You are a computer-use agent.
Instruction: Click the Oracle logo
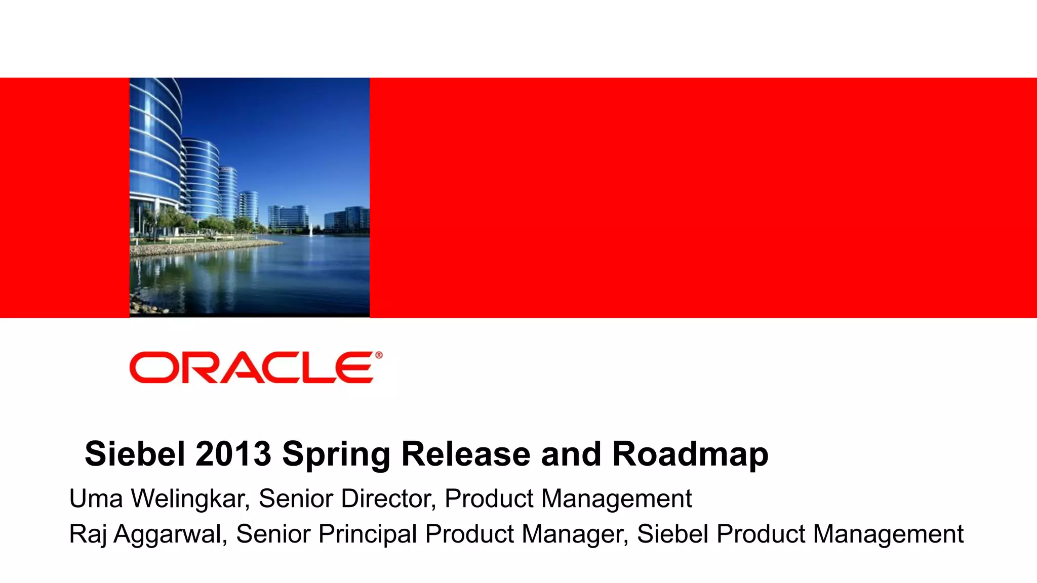(x=252, y=367)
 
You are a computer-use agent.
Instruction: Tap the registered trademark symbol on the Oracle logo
(x=379, y=355)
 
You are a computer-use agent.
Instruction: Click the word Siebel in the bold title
(x=135, y=453)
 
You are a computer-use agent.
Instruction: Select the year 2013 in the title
(x=233, y=453)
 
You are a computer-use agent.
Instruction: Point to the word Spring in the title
(x=336, y=454)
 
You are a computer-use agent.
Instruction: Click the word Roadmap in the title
(x=690, y=454)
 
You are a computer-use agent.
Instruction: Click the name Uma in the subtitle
(x=96, y=498)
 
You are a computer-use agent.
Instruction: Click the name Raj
(x=88, y=535)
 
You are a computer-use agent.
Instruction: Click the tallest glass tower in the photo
(x=154, y=147)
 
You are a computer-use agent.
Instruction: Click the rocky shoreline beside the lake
(x=203, y=249)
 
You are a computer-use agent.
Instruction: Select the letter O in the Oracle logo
(x=151, y=368)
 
